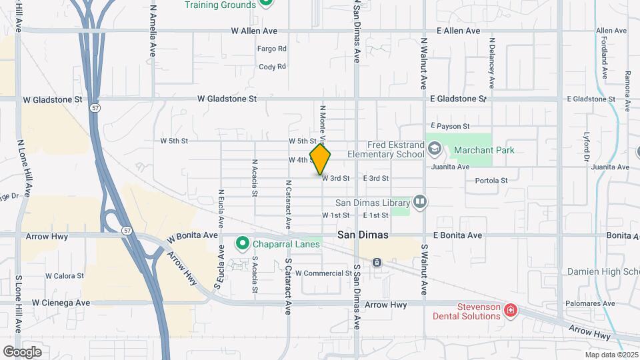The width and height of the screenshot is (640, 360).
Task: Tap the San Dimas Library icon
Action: coord(419,201)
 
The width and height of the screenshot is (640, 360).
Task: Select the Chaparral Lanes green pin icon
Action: coord(242,244)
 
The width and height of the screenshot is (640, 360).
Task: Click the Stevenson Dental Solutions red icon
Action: coord(510,310)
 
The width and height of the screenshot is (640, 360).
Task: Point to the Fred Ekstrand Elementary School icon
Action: coord(435,148)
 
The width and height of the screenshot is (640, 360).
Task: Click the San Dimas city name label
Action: coord(363,235)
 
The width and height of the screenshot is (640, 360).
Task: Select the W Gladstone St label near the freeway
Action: coord(52,99)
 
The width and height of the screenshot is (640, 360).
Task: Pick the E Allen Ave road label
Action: coord(458,31)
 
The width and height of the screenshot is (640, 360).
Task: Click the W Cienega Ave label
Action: coord(59,303)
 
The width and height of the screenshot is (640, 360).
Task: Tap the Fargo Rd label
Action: coord(272,49)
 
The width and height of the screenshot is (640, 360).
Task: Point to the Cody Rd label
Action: coord(272,67)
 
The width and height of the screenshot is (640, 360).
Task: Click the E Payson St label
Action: coord(450,126)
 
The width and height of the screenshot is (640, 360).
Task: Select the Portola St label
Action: coord(491,181)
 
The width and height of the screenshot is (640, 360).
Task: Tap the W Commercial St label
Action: coord(323,273)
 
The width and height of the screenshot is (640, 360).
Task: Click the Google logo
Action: coord(22,351)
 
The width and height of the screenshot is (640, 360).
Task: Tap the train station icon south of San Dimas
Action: coord(377,263)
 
